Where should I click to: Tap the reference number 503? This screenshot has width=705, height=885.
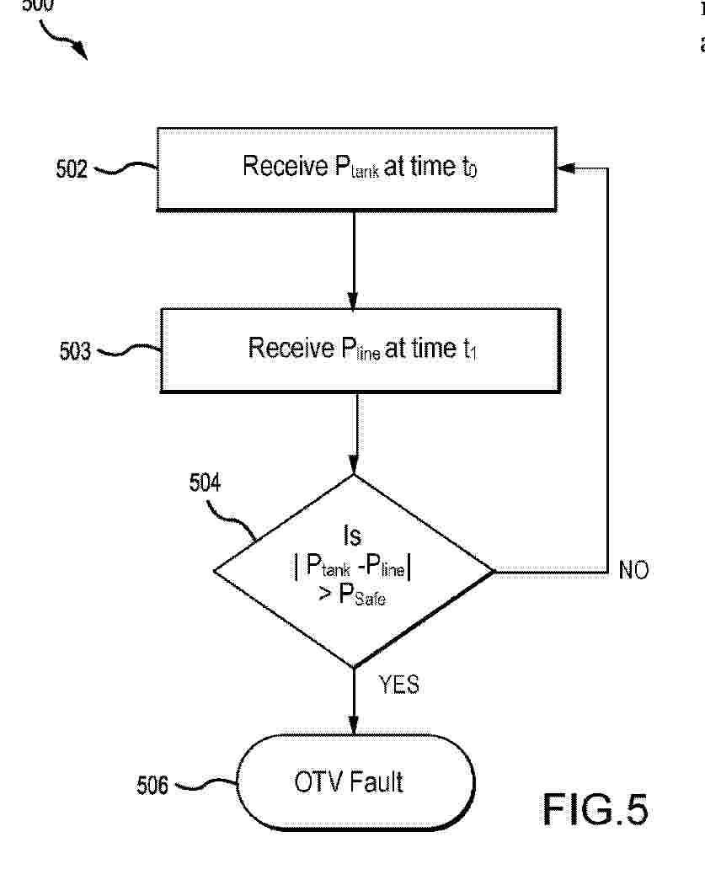pyautogui.click(x=75, y=350)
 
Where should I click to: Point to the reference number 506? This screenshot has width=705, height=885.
pyautogui.click(x=152, y=786)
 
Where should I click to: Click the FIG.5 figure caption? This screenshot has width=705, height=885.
pyautogui.click(x=595, y=809)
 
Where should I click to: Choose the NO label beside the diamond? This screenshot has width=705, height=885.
pyautogui.click(x=633, y=571)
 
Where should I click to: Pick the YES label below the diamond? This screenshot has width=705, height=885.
pyautogui.click(x=398, y=685)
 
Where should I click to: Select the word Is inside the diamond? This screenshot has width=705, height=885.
pyautogui.click(x=353, y=536)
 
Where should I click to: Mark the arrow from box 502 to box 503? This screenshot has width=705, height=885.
pyautogui.click(x=354, y=259)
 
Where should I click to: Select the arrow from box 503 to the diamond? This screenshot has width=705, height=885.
pyautogui.click(x=357, y=433)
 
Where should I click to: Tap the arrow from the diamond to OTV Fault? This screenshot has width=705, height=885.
pyautogui.click(x=354, y=701)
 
